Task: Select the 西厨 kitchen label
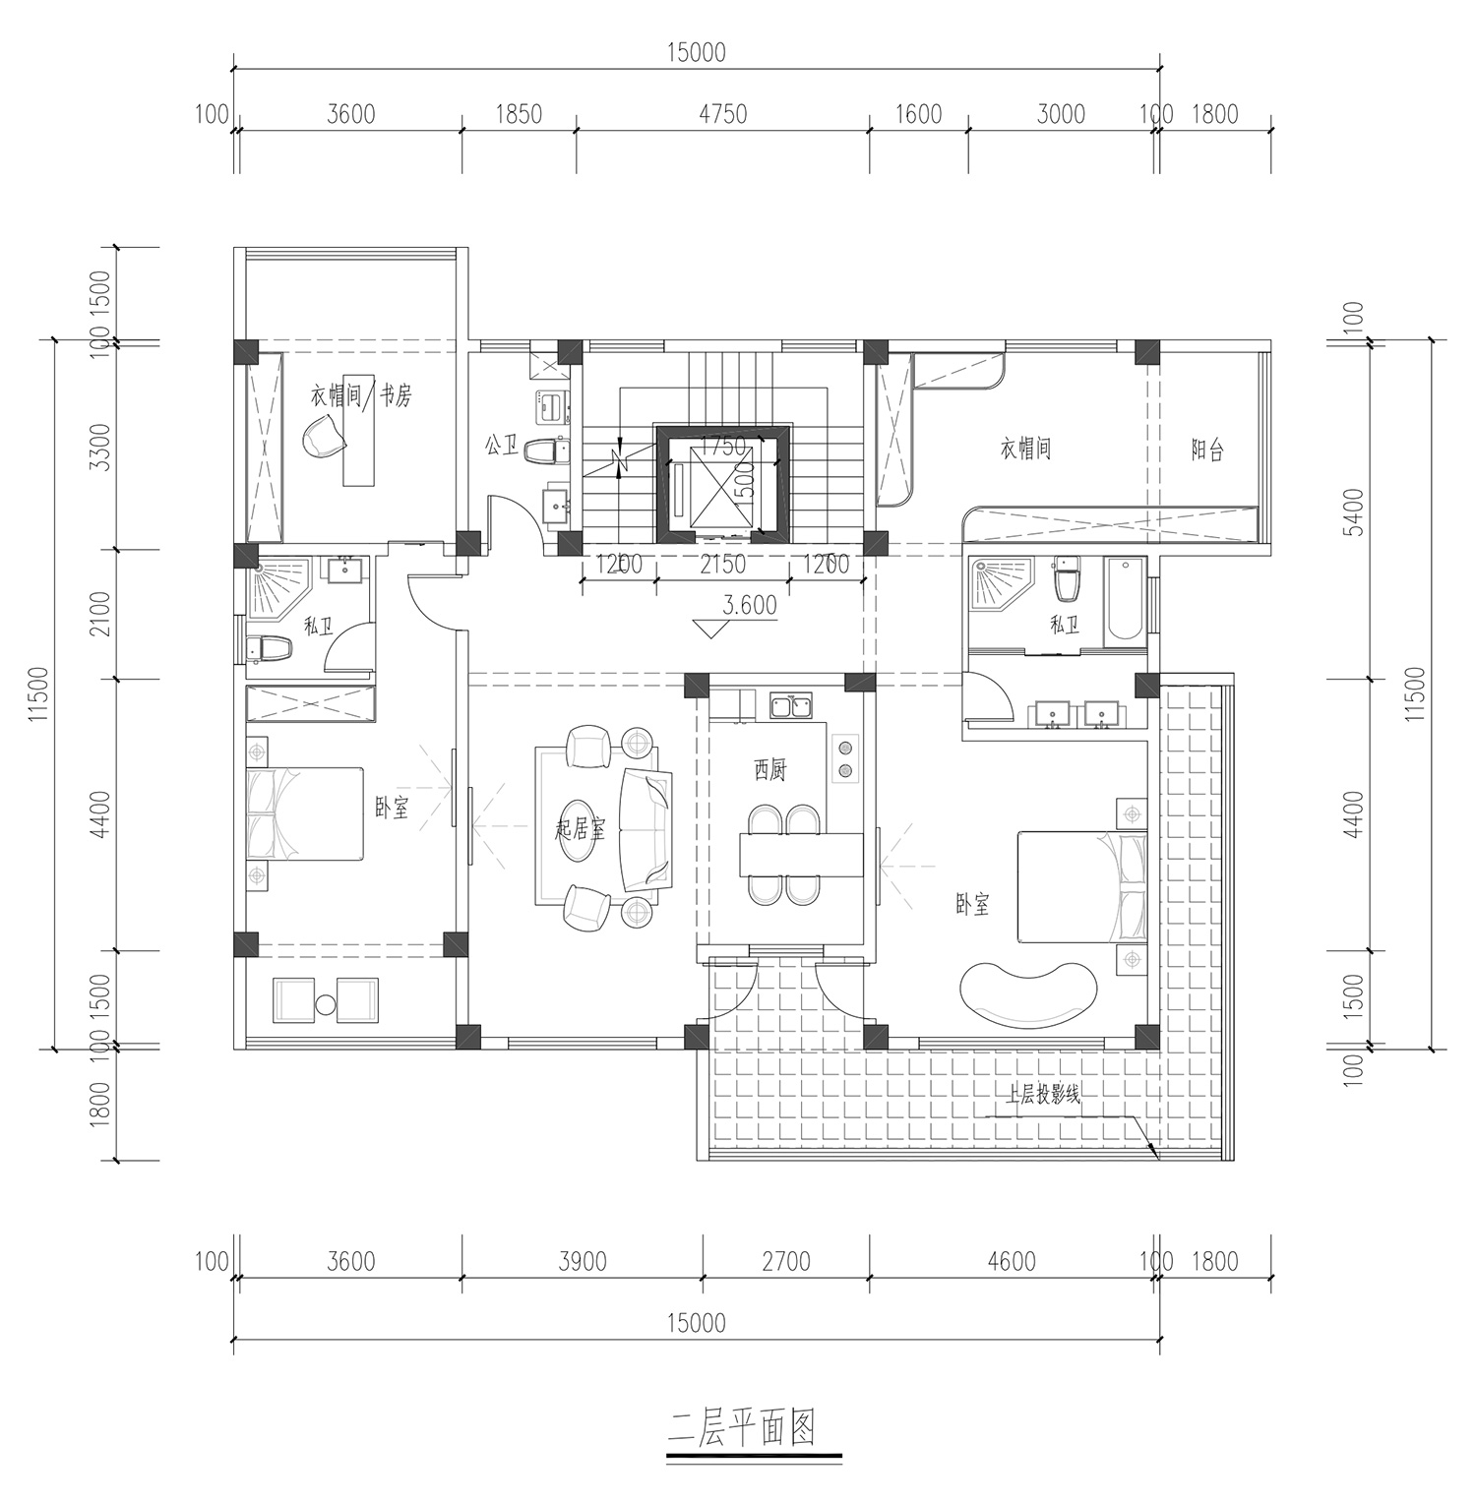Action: [x=770, y=772]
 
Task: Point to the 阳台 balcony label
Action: [x=1207, y=451]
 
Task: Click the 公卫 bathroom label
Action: [x=501, y=445]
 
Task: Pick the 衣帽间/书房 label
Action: [x=362, y=395]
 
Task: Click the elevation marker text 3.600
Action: [x=750, y=606]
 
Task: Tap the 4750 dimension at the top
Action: [x=722, y=114]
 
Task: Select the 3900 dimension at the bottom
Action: [x=582, y=1260]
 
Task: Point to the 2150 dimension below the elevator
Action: [x=722, y=565]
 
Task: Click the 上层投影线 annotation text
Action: [x=1042, y=1095]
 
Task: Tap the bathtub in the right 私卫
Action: [x=1125, y=602]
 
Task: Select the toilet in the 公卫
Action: [x=547, y=452]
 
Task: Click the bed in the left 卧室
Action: [x=305, y=814]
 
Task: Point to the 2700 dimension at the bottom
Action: [x=786, y=1260]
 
